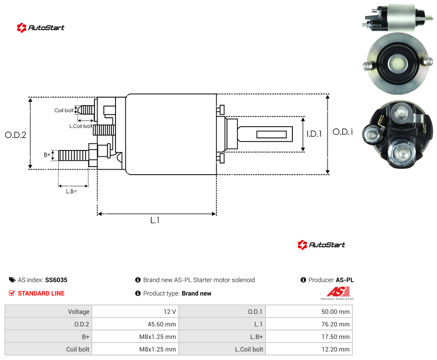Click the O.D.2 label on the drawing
[16, 135]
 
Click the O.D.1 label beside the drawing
[343, 132]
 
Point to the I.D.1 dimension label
[314, 134]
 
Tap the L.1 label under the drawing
[155, 220]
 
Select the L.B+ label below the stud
[72, 191]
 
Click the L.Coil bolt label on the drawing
[81, 126]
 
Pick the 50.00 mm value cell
[309, 312]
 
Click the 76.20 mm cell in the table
[309, 324]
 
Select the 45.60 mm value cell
[135, 324]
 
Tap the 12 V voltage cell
[135, 312]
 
